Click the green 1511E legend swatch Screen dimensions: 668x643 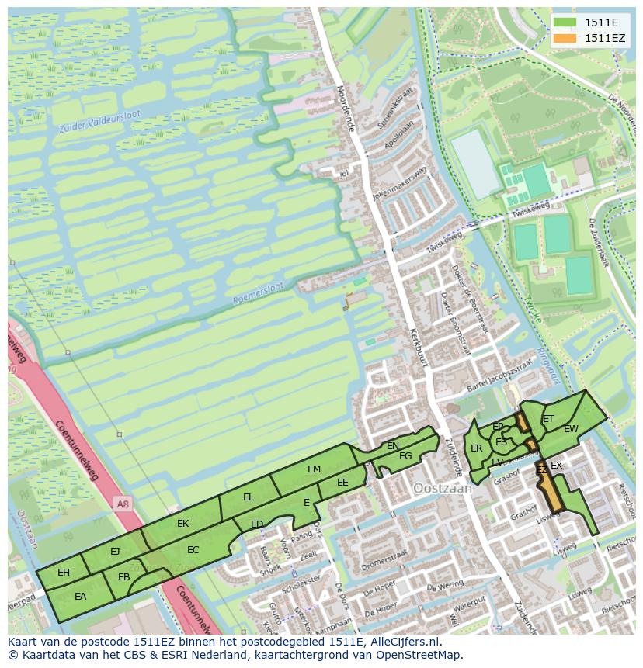click(x=565, y=23)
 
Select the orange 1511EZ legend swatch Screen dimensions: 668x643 click(x=565, y=38)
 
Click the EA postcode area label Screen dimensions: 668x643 click(x=80, y=597)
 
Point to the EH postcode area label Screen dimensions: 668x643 click(x=64, y=573)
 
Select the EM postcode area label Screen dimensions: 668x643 click(x=314, y=469)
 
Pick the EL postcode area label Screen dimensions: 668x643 click(x=249, y=497)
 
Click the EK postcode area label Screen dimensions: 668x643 click(x=182, y=524)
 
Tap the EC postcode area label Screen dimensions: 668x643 click(x=193, y=550)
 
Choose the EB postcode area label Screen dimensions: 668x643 click(x=123, y=577)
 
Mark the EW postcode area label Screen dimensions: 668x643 click(x=571, y=429)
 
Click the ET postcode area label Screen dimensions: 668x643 click(x=548, y=419)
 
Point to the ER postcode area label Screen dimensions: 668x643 click(x=476, y=448)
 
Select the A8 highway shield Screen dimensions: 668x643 click(x=122, y=504)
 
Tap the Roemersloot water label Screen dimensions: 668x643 click(x=259, y=293)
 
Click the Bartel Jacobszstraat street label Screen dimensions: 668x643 click(x=501, y=375)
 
